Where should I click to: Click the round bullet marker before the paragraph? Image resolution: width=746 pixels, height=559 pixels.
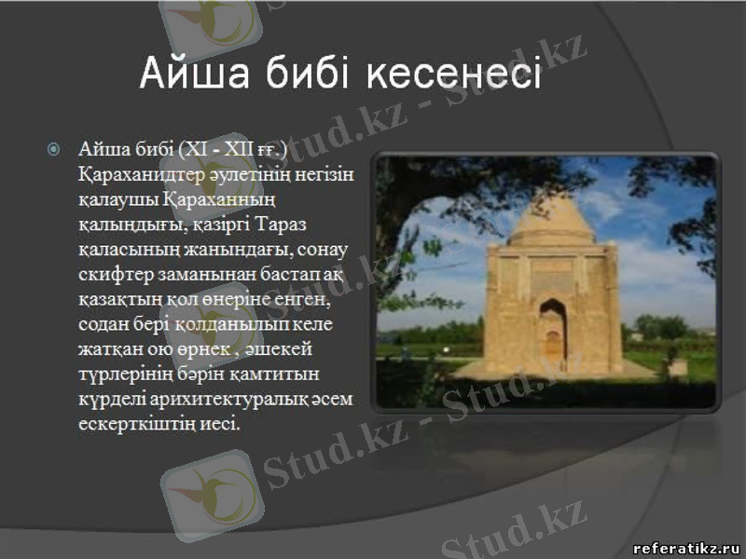point(54,149)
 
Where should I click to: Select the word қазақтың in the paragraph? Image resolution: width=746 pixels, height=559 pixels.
point(116,300)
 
